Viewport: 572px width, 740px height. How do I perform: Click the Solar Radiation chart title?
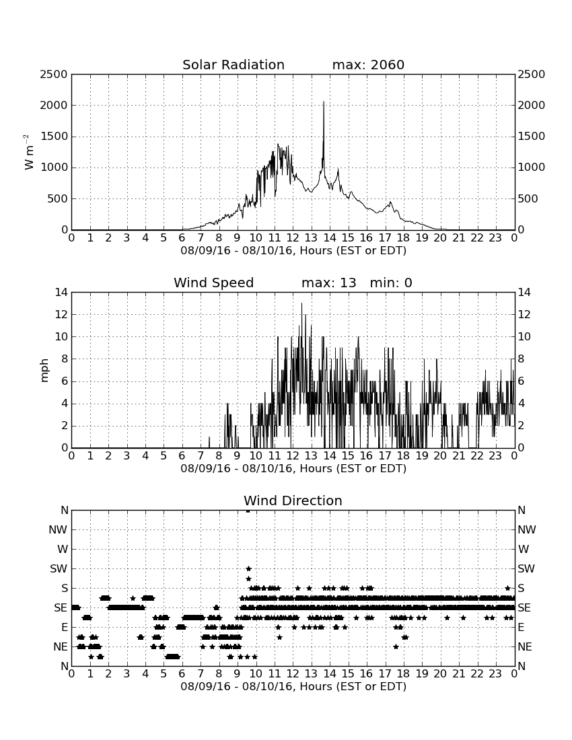[x=233, y=65]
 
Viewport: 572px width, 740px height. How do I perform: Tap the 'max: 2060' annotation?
[x=368, y=65]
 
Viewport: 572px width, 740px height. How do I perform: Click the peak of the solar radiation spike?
[x=324, y=102]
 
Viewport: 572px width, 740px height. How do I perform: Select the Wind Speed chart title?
[x=213, y=283]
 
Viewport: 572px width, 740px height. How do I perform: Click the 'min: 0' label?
[x=391, y=283]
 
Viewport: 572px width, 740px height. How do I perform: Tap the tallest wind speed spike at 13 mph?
[x=301, y=303]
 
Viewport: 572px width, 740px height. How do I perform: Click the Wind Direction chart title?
[x=293, y=501]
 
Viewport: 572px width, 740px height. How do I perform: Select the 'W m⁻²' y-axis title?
[x=29, y=152]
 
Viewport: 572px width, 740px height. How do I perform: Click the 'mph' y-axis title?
[x=44, y=371]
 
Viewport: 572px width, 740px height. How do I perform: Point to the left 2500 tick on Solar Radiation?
[x=53, y=75]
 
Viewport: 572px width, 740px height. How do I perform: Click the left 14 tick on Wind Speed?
[x=61, y=293]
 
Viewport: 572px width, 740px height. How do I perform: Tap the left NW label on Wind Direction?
[x=58, y=530]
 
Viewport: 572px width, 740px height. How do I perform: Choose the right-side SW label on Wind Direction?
[x=526, y=568]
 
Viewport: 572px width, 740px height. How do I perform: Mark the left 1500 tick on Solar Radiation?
[x=53, y=137]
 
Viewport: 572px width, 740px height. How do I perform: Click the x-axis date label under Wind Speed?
[x=293, y=469]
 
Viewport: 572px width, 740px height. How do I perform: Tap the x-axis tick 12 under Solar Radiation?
[x=293, y=238]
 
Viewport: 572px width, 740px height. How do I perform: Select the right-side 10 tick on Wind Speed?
[x=524, y=337]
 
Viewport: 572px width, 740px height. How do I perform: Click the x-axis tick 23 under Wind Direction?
[x=495, y=674]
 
